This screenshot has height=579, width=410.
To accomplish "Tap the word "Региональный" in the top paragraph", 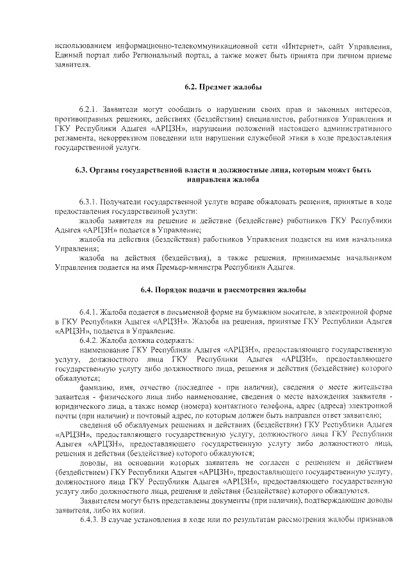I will [x=188, y=57].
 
